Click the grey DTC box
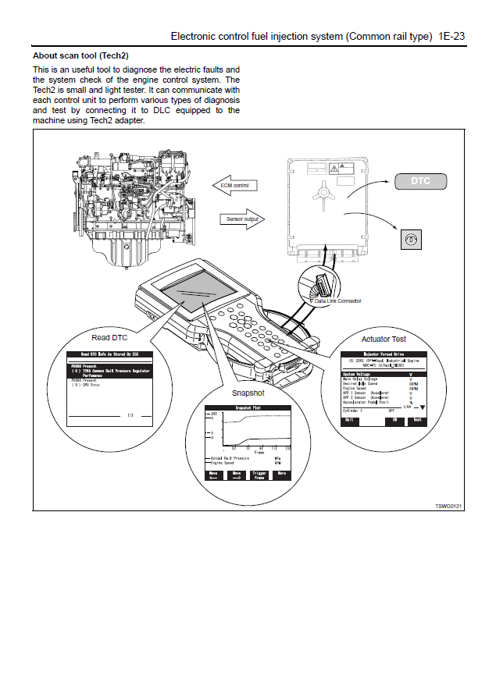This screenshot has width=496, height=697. (421, 182)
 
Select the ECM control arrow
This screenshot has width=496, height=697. (238, 186)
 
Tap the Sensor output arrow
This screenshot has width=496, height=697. (244, 219)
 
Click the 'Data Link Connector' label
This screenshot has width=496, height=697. (337, 300)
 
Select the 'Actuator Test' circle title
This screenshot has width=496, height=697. (384, 340)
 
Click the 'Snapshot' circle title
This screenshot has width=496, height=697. (248, 393)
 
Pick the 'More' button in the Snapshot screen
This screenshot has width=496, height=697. (281, 474)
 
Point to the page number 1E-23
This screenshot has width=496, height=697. (452, 36)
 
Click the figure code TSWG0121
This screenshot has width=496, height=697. (448, 507)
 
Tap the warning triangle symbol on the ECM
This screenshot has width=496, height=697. (334, 169)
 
